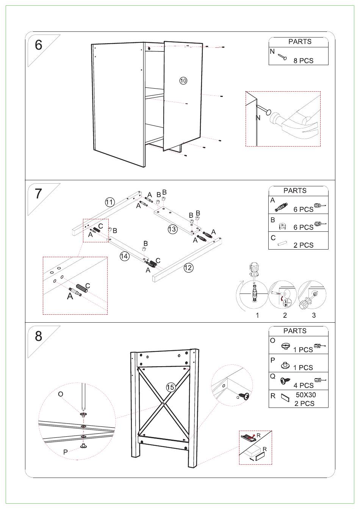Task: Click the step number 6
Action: (39, 45)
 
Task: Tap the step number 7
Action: (39, 194)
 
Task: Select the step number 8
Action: (39, 336)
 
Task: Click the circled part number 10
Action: (183, 80)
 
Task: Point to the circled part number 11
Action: (110, 202)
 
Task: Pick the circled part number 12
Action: (188, 268)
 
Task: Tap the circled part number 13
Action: (172, 229)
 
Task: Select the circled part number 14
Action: (124, 256)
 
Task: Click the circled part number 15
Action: (171, 387)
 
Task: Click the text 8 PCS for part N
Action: (303, 61)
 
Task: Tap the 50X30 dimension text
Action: (306, 395)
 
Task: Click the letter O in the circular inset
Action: (61, 394)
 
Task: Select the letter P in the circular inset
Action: (66, 452)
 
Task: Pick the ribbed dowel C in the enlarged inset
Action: (83, 287)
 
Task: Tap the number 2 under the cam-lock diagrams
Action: (285, 315)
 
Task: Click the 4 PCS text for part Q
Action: (304, 386)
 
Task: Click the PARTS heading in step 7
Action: (295, 190)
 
